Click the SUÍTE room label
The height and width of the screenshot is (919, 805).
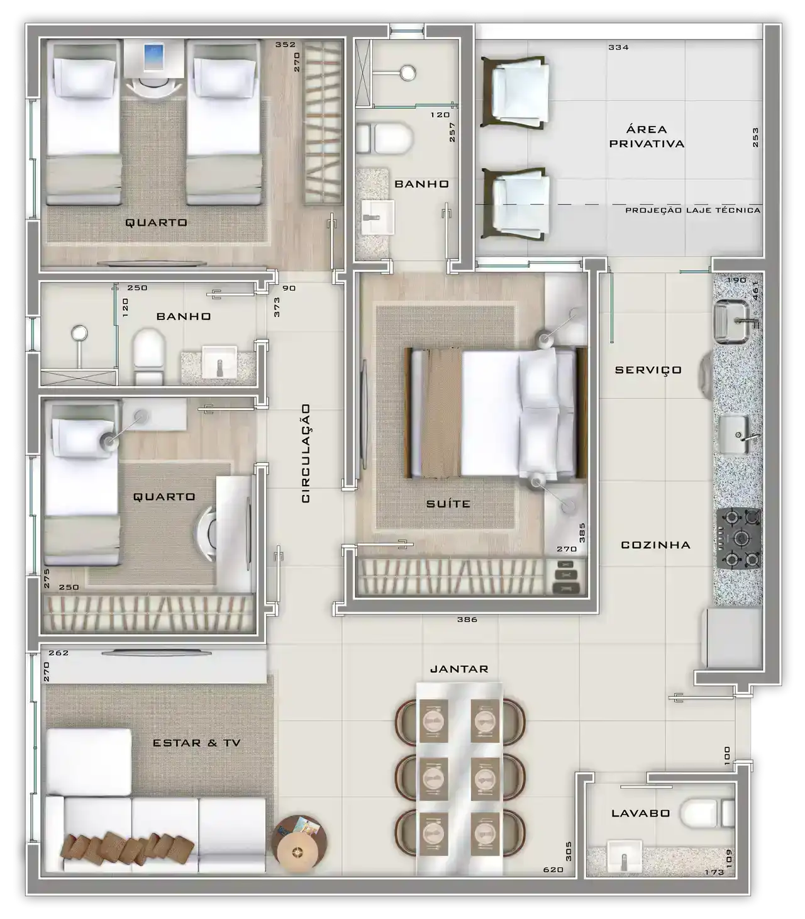[448, 503]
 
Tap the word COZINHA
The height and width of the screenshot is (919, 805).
[655, 545]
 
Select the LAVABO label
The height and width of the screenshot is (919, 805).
[640, 813]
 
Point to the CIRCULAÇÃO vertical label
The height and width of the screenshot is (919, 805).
[306, 453]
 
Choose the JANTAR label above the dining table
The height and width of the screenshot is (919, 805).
[459, 669]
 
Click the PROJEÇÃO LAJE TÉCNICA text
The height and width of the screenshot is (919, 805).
[692, 210]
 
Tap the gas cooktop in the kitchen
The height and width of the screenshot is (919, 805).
[738, 539]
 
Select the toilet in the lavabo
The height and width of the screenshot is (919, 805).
[707, 813]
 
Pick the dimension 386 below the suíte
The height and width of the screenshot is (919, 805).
[467, 620]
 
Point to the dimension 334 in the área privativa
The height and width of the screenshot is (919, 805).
[618, 47]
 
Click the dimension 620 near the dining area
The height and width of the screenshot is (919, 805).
[553, 869]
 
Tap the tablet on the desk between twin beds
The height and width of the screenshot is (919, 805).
[153, 57]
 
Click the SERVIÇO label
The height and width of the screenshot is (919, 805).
[648, 370]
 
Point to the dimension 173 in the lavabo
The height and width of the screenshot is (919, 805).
[714, 872]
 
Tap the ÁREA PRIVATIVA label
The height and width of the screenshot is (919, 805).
[647, 136]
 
